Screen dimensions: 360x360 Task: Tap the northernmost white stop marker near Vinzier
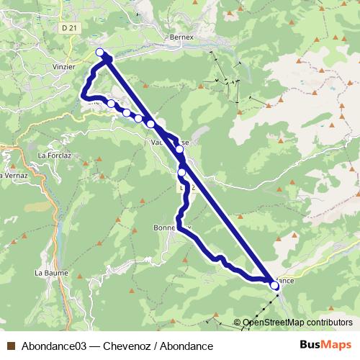click(100, 52)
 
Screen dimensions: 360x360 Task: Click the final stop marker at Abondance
click(274, 286)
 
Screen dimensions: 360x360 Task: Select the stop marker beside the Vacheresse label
click(179, 150)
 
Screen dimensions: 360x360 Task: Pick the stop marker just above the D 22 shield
click(181, 173)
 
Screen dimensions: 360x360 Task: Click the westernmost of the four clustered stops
click(112, 104)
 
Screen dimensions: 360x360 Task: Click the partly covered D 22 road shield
click(188, 187)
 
